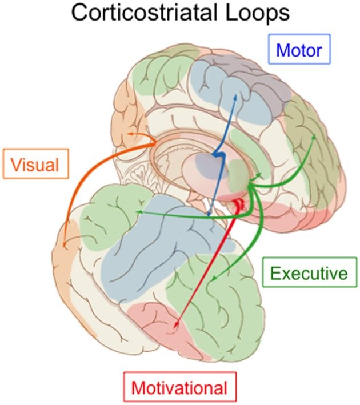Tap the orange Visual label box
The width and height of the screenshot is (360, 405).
click(35, 166)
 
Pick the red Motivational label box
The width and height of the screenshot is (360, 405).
click(179, 388)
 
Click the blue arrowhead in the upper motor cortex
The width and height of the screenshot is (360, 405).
click(234, 97)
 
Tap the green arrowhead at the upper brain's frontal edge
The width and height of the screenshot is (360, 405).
click(314, 137)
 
